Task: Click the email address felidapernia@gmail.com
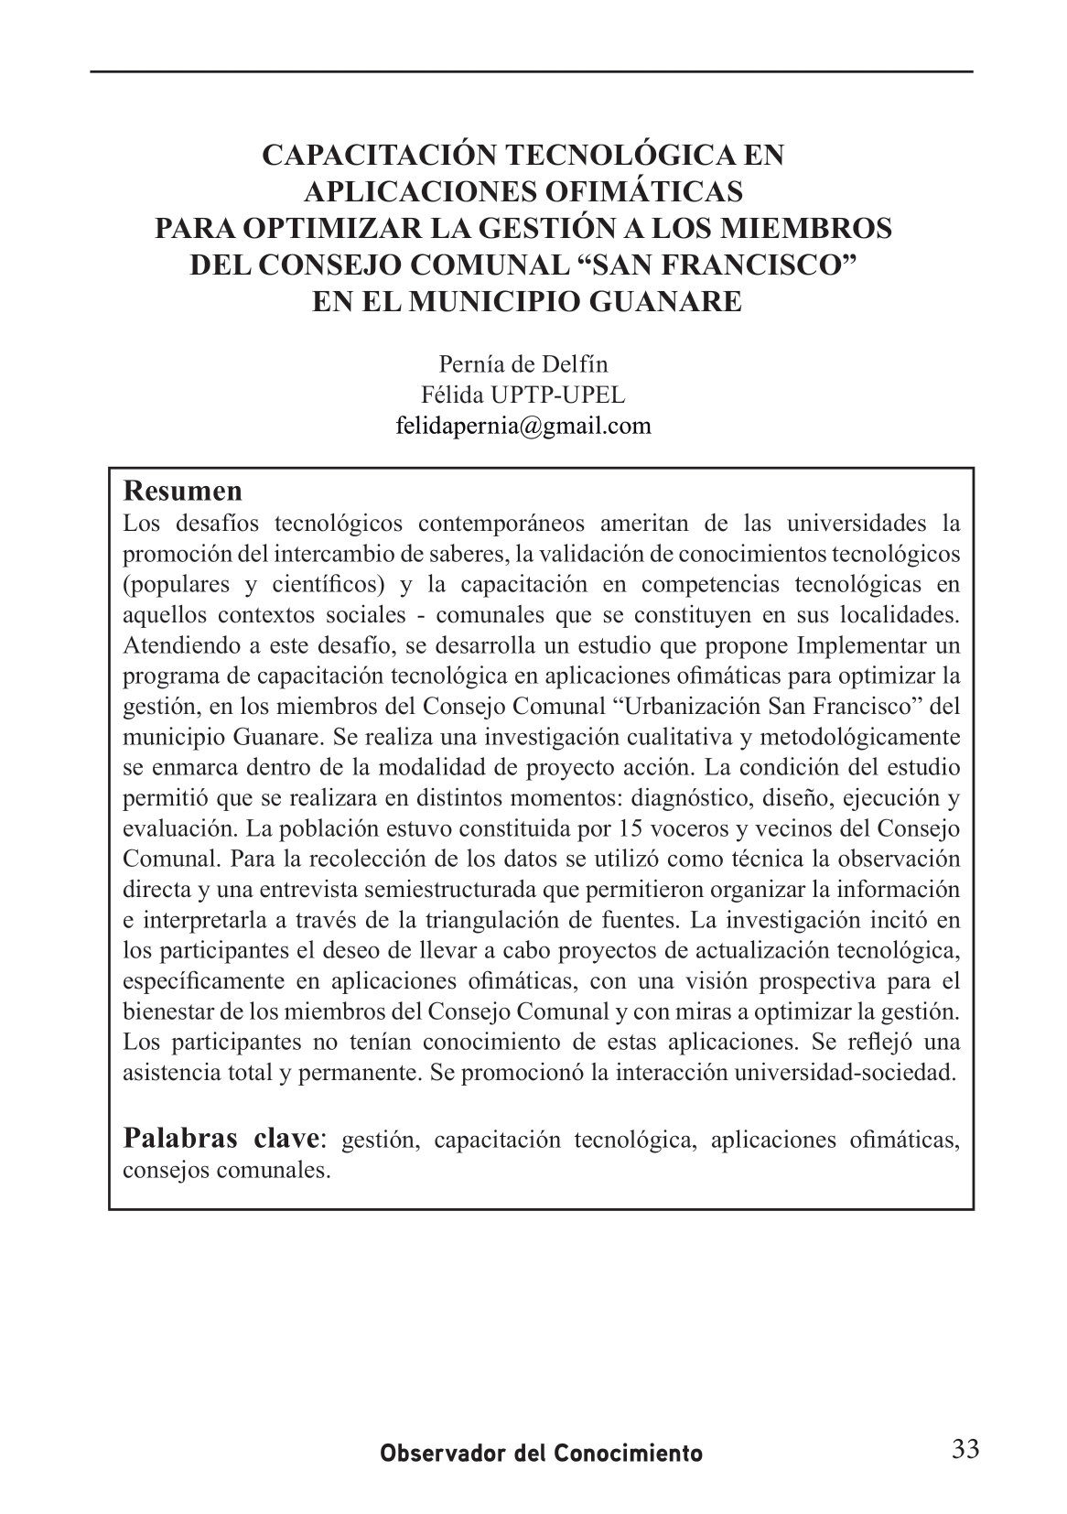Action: pyautogui.click(x=523, y=426)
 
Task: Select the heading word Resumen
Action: pyautogui.click(x=182, y=491)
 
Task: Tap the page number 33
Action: pyautogui.click(x=965, y=1448)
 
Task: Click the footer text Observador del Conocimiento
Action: pyautogui.click(x=542, y=1454)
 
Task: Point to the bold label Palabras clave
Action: pyautogui.click(x=222, y=1139)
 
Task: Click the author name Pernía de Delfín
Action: pyautogui.click(x=523, y=364)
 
